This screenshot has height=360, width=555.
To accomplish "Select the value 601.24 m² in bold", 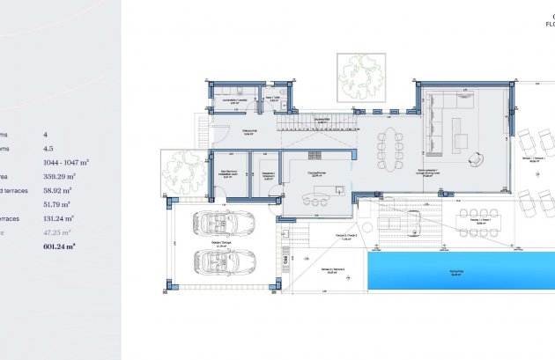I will click(x=60, y=247).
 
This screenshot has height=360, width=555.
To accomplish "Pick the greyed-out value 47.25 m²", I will click(x=58, y=233).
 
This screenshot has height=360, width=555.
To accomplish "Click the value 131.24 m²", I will click(x=58, y=218).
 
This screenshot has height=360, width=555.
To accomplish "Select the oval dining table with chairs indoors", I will click(x=388, y=147).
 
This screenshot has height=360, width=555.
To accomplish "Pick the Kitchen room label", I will click(x=318, y=173).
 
